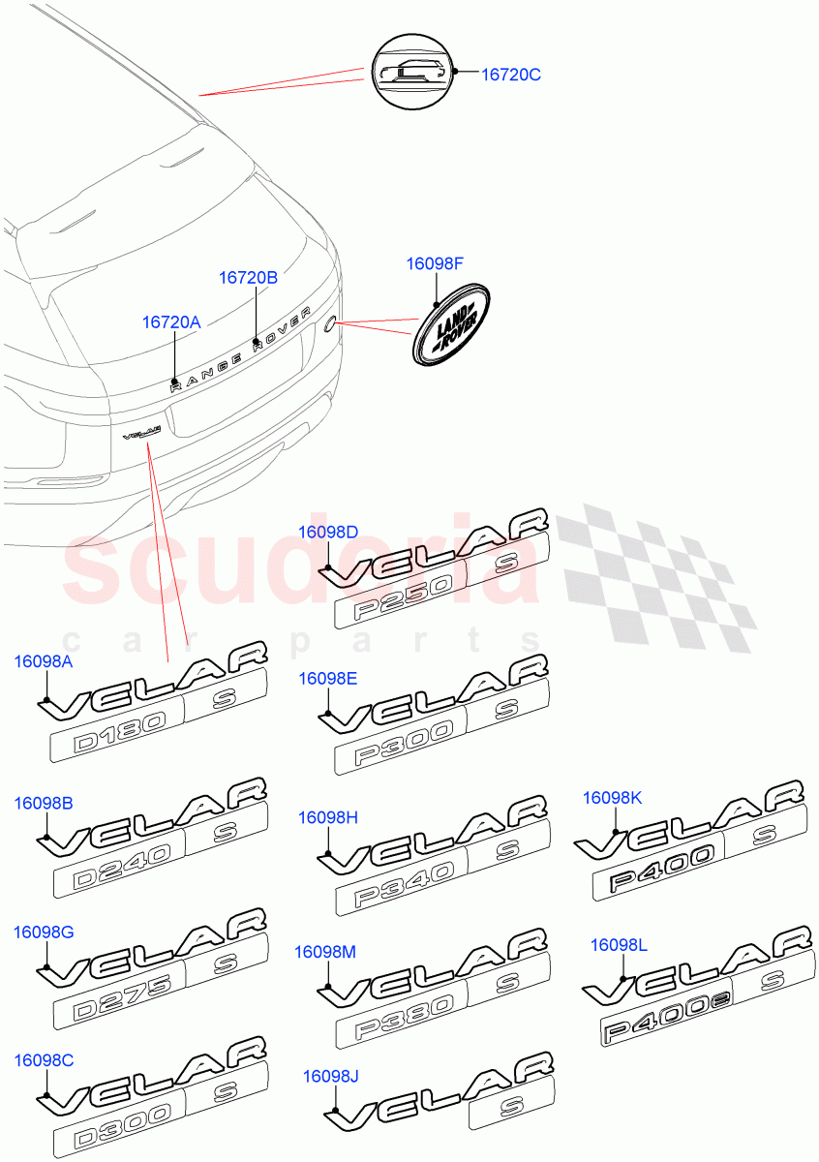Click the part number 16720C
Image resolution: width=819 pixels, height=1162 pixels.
511,74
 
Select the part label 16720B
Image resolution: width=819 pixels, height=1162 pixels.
248,278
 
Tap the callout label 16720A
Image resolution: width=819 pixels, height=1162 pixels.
171,322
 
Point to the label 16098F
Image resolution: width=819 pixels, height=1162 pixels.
436,262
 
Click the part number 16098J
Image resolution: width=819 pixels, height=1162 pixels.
331,1076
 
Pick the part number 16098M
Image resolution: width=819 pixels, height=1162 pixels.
325,952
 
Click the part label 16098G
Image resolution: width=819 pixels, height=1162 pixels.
44,933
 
